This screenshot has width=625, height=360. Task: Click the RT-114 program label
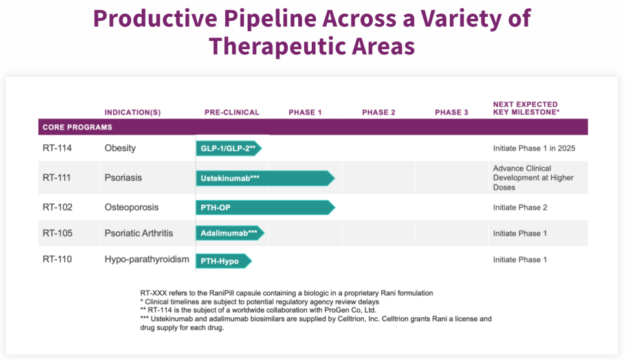[x=57, y=148]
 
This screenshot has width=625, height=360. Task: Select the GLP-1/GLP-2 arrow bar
[x=229, y=148]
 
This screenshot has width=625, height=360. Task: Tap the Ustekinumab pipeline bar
[x=265, y=178]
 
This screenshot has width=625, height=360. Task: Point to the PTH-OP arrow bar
[x=265, y=208]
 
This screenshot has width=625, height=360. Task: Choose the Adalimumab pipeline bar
[x=230, y=233]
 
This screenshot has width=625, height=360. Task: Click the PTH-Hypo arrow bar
[x=224, y=261]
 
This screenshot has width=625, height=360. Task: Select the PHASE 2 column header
[x=378, y=113]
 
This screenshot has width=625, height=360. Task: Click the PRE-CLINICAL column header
[x=232, y=113]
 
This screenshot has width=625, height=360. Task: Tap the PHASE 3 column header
[x=452, y=113]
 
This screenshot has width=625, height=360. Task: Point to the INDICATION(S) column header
[x=133, y=113]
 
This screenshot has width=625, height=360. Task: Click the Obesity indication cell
[x=120, y=148]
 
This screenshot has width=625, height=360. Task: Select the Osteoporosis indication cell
[x=131, y=207]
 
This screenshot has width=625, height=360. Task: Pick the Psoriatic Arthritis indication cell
[x=138, y=233]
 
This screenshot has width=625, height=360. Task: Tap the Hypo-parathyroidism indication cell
[x=147, y=260]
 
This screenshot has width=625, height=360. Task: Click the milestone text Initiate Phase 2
[x=520, y=208]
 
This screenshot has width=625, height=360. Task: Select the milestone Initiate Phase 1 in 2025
[x=534, y=148]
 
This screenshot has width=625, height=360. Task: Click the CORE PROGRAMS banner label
[x=78, y=128]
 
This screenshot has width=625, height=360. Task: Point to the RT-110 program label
[x=57, y=260]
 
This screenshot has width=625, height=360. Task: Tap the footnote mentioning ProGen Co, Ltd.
[x=258, y=310]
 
